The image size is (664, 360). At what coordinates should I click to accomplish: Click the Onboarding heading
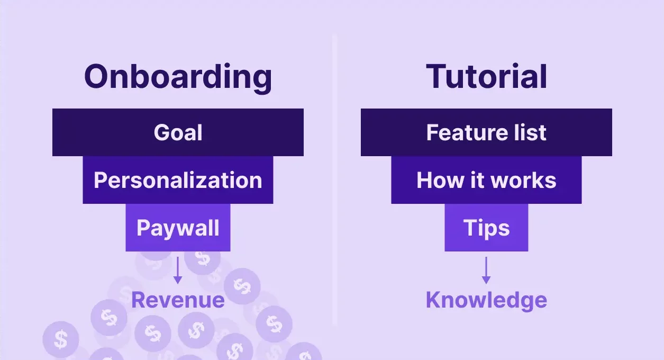[x=178, y=77]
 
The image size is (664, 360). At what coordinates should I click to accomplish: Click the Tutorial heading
[x=486, y=76]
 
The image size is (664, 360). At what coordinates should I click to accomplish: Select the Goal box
[x=178, y=132]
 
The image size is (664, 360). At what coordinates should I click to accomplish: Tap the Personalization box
[x=178, y=180]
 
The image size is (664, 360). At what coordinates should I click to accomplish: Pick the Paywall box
[x=178, y=228]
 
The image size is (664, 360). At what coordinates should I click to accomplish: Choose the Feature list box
[x=486, y=132]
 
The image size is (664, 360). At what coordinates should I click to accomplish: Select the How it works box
[x=486, y=180]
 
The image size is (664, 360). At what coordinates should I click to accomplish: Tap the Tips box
[x=486, y=228]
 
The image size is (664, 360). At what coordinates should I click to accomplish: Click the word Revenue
[x=178, y=300]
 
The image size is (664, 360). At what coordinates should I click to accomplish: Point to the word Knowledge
[x=486, y=300]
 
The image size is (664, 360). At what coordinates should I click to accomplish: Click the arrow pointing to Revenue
[x=178, y=269]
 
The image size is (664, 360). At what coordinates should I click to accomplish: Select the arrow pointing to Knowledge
[x=486, y=269]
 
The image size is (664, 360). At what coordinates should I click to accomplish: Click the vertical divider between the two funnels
[x=334, y=180]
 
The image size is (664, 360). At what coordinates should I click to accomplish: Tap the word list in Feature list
[x=527, y=132]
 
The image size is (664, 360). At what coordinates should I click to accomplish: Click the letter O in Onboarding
[x=99, y=77]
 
